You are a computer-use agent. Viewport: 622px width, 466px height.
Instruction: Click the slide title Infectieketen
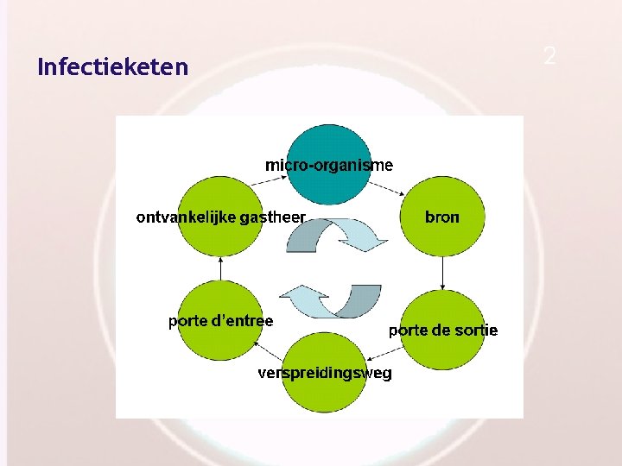click(112, 66)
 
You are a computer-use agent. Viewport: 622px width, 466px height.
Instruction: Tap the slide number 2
click(549, 57)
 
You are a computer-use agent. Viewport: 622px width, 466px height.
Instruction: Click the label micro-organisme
click(329, 165)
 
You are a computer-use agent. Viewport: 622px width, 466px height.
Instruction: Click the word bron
click(442, 217)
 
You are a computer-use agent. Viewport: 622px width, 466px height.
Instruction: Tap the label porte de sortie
click(442, 331)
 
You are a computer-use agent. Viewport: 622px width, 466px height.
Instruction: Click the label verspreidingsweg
click(324, 373)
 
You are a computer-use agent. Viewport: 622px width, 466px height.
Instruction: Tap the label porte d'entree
click(220, 321)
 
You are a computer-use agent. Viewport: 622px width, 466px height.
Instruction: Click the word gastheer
click(272, 217)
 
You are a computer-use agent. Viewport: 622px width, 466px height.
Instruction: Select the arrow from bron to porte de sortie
click(442, 274)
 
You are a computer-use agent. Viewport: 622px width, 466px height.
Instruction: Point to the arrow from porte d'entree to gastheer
click(220, 268)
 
